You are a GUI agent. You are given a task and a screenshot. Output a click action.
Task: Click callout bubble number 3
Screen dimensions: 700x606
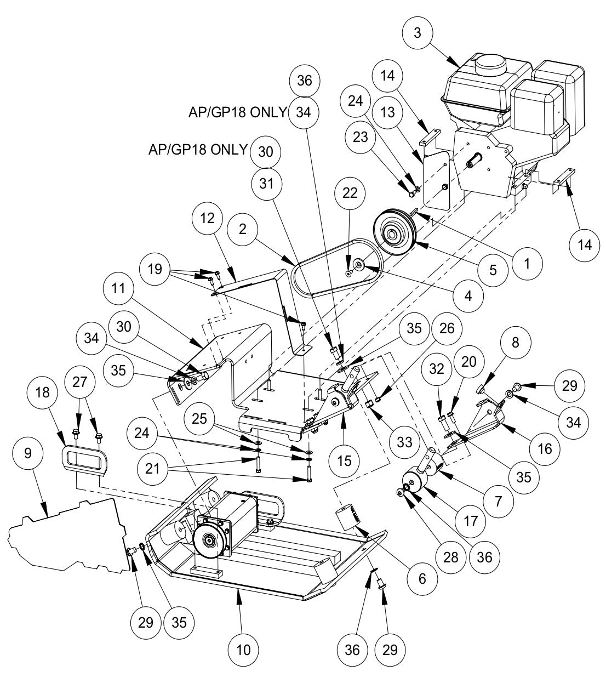coord(418,33)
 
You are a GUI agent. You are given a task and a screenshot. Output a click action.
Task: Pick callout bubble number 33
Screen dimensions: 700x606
coord(404,441)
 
